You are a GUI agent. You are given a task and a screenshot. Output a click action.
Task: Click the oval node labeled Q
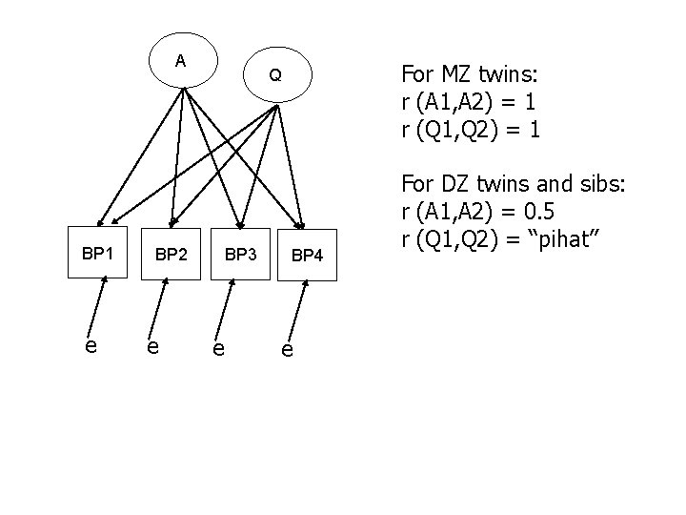pos(274,75)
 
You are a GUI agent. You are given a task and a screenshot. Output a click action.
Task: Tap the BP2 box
pos(171,255)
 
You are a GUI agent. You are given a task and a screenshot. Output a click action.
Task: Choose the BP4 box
pos(307,256)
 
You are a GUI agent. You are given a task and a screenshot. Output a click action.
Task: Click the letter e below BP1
pos(90,345)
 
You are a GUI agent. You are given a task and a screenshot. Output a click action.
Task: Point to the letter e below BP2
pos(152,346)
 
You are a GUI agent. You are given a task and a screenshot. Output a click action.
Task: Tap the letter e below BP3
pos(219,349)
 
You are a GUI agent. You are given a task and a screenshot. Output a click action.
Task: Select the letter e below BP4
pos(287,350)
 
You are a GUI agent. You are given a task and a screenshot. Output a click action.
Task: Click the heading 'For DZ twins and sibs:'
pos(514,182)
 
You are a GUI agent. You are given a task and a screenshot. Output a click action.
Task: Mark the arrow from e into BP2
pos(162,309)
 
